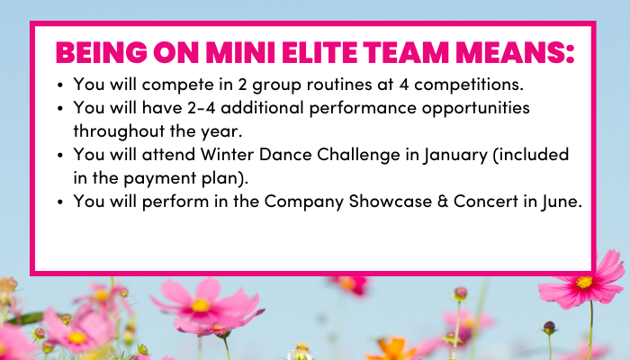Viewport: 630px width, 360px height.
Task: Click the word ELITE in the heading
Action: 319,52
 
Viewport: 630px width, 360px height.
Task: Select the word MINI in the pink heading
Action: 240,52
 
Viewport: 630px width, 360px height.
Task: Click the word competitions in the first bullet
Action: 469,85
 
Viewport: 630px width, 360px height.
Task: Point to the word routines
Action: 339,85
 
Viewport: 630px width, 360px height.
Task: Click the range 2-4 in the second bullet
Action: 202,108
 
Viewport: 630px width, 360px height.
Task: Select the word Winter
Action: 227,155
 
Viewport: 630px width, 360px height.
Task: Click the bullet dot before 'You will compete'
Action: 60,85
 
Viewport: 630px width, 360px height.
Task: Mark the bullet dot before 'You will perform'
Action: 60,202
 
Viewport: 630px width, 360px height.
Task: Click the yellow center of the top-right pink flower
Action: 584,282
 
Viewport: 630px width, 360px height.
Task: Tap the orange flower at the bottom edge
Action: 391,349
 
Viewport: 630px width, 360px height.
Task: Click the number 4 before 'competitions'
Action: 404,85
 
